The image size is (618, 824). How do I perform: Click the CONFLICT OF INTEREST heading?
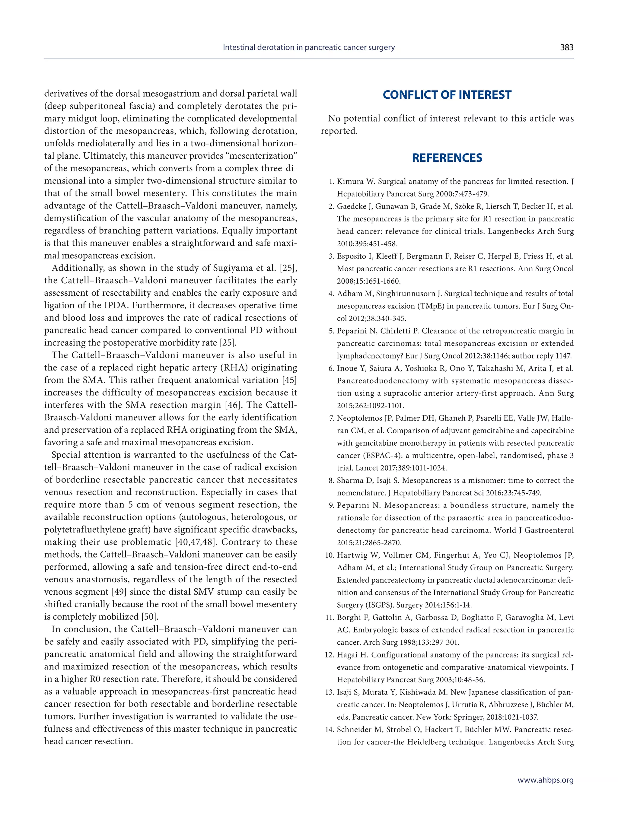[447, 95]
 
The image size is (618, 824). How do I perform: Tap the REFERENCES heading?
[447, 157]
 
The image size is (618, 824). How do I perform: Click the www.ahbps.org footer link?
[545, 780]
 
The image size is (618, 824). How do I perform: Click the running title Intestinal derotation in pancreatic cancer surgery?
[308, 47]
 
